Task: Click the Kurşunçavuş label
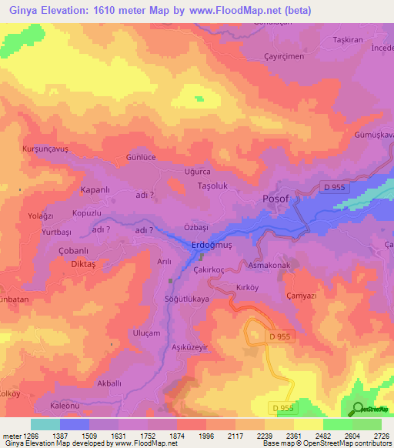pyautogui.click(x=46, y=147)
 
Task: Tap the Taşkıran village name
pyautogui.click(x=347, y=39)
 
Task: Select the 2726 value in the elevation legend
pyautogui.click(x=381, y=436)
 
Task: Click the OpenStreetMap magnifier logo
pyautogui.click(x=356, y=409)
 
